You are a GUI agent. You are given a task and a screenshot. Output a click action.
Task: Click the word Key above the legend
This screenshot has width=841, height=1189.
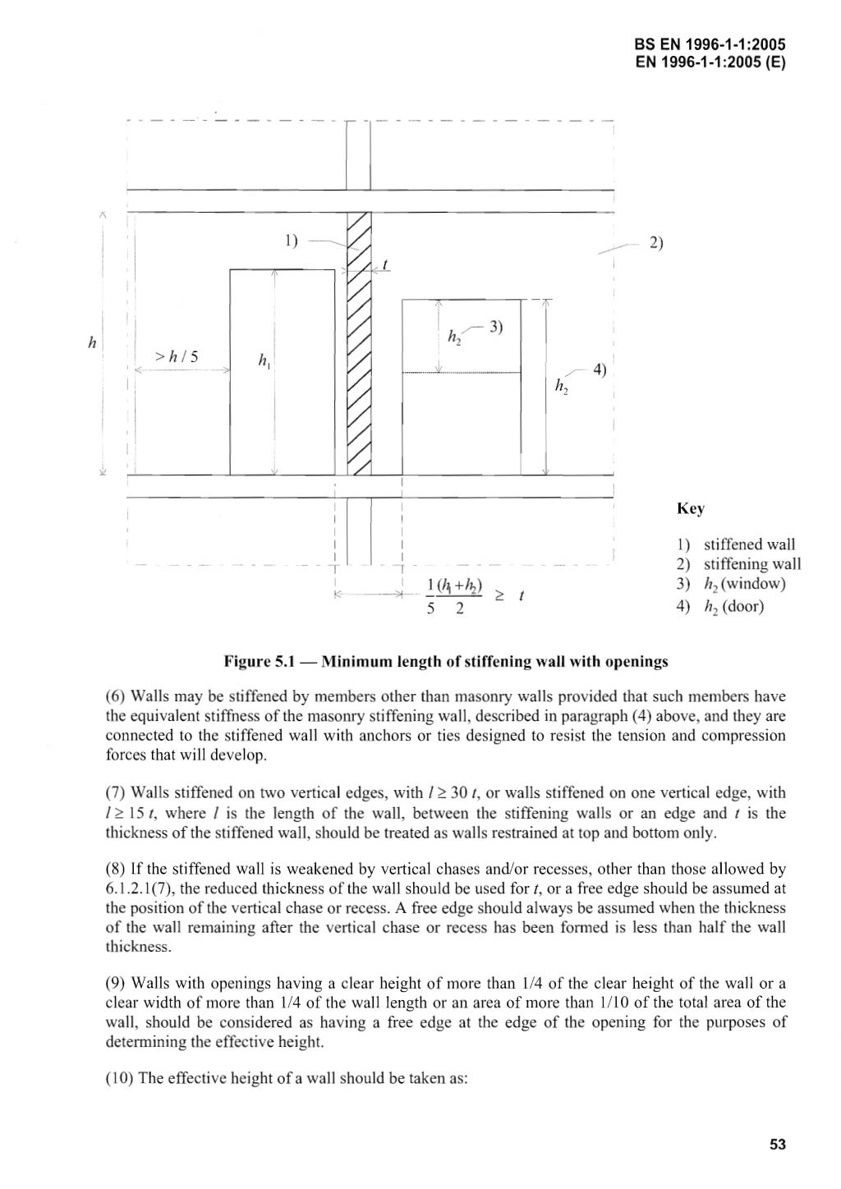[x=690, y=509]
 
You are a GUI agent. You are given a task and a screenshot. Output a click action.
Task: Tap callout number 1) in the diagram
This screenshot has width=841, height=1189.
[x=292, y=241]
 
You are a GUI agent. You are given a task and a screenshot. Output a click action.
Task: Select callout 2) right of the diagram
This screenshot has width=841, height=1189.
[x=656, y=243]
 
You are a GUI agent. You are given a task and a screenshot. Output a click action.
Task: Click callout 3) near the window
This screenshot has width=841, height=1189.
[x=495, y=327]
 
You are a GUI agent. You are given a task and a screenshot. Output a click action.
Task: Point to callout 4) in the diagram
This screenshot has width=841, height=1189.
[x=599, y=370]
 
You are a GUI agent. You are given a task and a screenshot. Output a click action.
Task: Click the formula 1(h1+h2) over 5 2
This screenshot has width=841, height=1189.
[x=448, y=595]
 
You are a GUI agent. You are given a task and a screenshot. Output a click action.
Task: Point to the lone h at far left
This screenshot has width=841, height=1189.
[x=93, y=345]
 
